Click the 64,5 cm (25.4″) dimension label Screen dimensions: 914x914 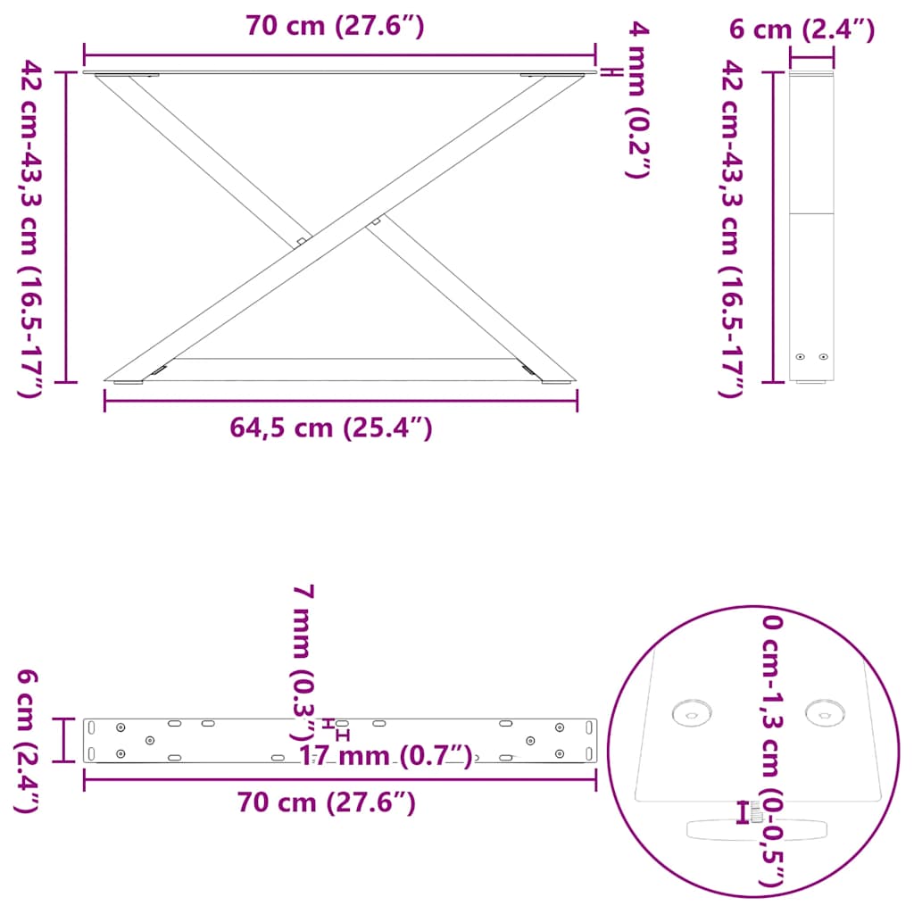click(331, 428)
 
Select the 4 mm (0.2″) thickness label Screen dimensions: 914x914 click(637, 101)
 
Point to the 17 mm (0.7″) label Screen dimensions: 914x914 click(385, 757)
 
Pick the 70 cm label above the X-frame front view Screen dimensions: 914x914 click(335, 27)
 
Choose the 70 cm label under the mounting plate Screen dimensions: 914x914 click(327, 802)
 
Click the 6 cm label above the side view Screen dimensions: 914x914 click(801, 29)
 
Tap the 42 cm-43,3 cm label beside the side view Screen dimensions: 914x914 click(730, 228)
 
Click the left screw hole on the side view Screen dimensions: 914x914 click(801, 356)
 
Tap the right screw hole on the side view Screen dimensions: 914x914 click(823, 356)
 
